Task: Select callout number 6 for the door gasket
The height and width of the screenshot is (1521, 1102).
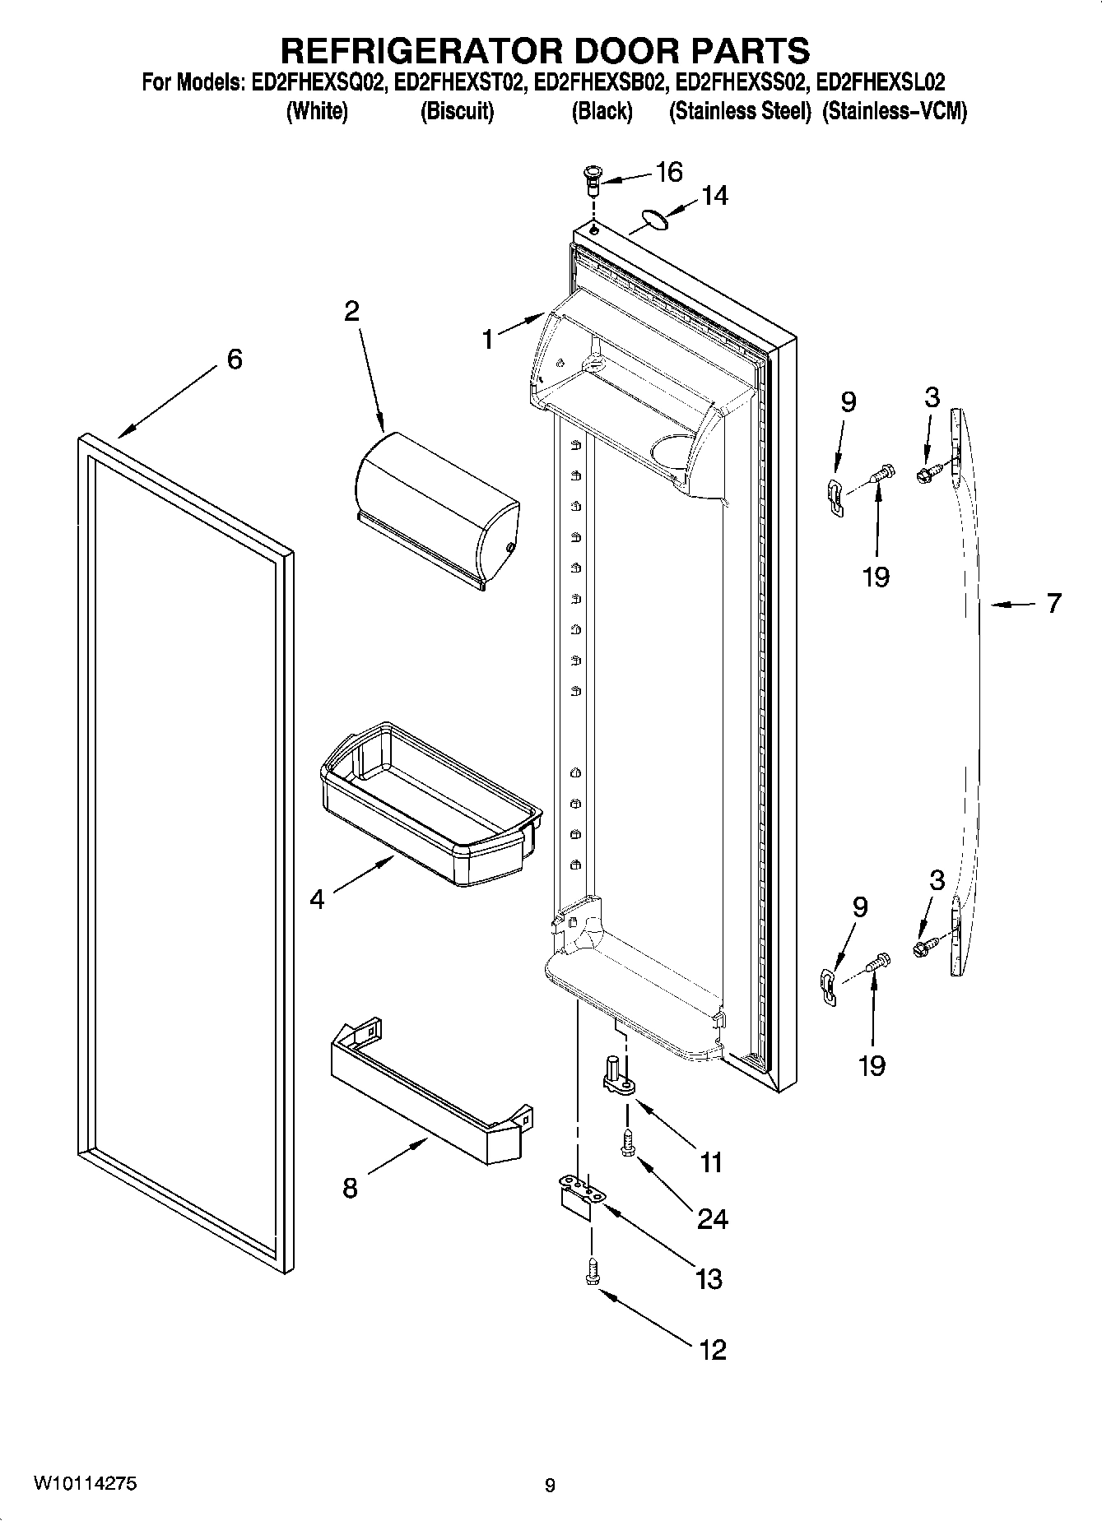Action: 235,359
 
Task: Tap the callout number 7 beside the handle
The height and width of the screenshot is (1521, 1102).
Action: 1054,604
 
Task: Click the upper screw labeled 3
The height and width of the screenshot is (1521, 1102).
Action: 926,474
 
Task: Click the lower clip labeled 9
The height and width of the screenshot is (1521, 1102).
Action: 830,984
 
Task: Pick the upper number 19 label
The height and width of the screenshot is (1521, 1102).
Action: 876,577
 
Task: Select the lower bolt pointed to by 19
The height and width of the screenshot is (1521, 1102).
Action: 876,961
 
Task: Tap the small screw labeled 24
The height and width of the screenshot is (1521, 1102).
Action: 628,1144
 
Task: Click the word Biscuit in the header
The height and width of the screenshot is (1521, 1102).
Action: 457,112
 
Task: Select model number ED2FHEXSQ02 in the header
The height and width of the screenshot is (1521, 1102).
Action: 318,82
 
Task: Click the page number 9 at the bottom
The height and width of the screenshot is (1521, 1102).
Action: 550,1486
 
